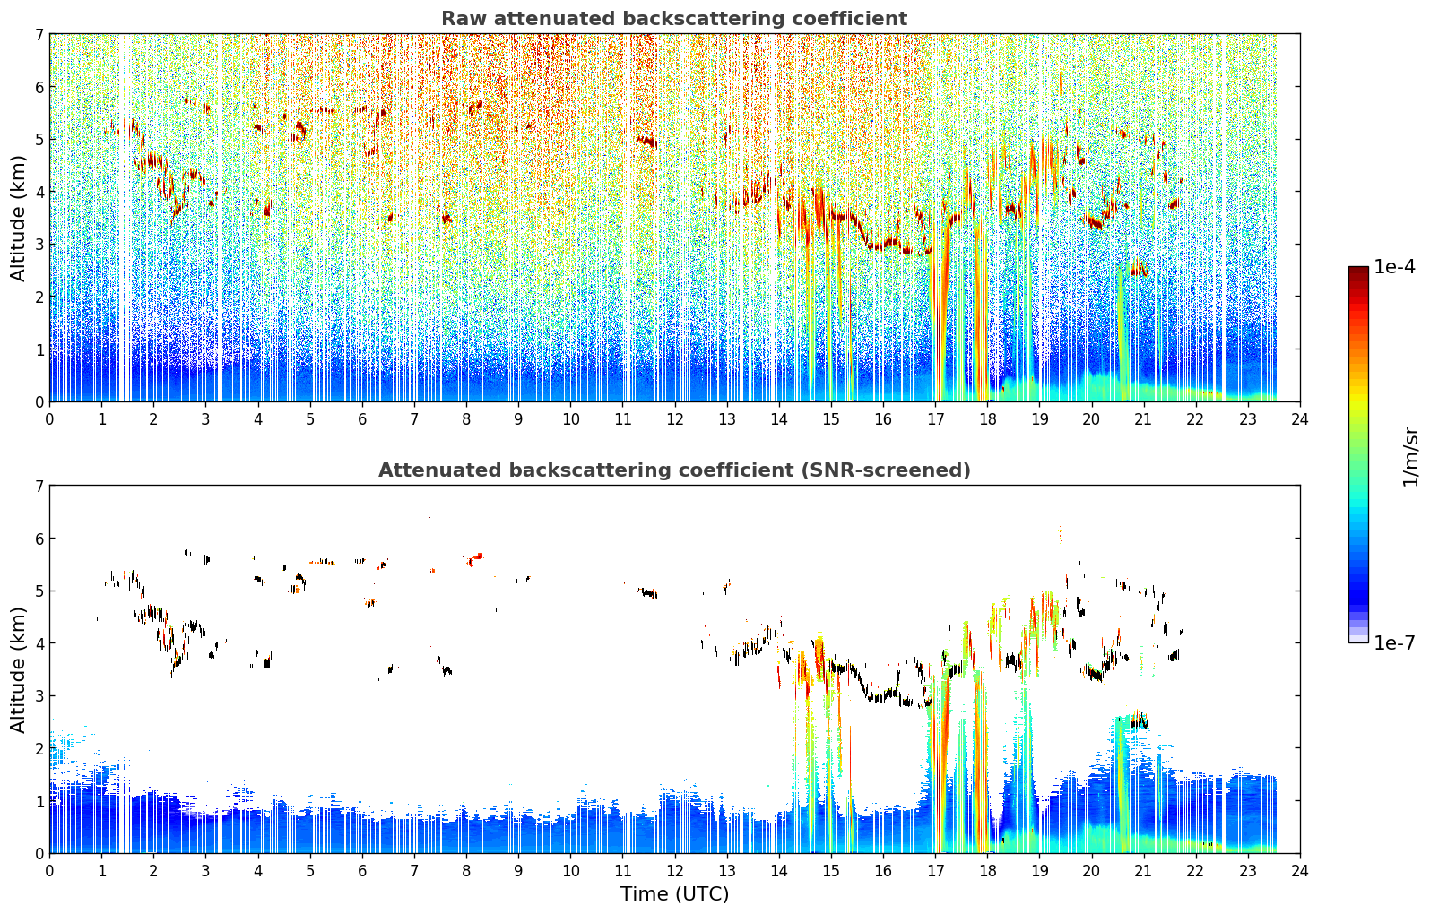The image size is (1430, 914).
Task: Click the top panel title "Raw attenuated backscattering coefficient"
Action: [x=674, y=19]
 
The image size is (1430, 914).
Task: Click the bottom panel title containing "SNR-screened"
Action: [x=674, y=470]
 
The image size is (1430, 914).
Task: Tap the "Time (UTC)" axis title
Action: [x=674, y=894]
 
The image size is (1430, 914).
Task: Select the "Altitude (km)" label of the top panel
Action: [x=17, y=219]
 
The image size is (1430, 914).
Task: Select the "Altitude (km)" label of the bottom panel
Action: [x=17, y=669]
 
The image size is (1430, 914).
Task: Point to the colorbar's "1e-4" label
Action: [x=1395, y=267]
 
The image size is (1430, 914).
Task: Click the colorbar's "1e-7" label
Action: [x=1395, y=643]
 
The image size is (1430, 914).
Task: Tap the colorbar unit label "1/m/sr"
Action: [x=1410, y=457]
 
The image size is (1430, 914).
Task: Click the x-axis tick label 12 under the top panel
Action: [x=675, y=419]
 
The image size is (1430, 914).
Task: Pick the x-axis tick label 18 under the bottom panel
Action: [x=988, y=871]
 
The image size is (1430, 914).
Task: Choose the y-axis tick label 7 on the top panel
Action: [x=39, y=34]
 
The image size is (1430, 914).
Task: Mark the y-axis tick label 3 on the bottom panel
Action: [x=39, y=696]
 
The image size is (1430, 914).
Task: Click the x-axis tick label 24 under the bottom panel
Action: [x=1300, y=871]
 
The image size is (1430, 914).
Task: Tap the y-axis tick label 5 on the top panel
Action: [x=39, y=140]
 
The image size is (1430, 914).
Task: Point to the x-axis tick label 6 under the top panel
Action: [x=362, y=419]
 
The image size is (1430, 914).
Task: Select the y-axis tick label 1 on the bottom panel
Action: [x=39, y=801]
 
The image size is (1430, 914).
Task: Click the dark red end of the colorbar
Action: [x=1358, y=271]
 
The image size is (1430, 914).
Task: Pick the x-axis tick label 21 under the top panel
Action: [x=1143, y=419]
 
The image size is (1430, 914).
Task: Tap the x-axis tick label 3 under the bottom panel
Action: [x=205, y=871]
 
